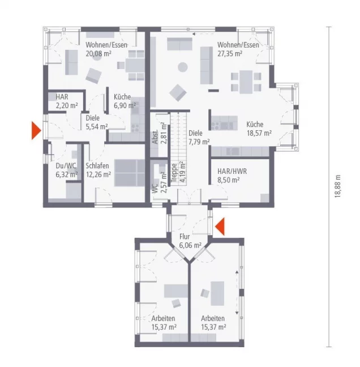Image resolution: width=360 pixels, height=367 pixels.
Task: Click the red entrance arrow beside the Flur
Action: tap(220, 227)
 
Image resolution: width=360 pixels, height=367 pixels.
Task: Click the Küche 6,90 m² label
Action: tap(124, 101)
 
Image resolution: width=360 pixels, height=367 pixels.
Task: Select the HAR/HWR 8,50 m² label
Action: tap(232, 174)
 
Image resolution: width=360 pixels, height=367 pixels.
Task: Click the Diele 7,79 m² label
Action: tap(199, 138)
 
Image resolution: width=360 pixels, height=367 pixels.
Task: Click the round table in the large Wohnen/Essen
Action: tap(183, 67)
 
